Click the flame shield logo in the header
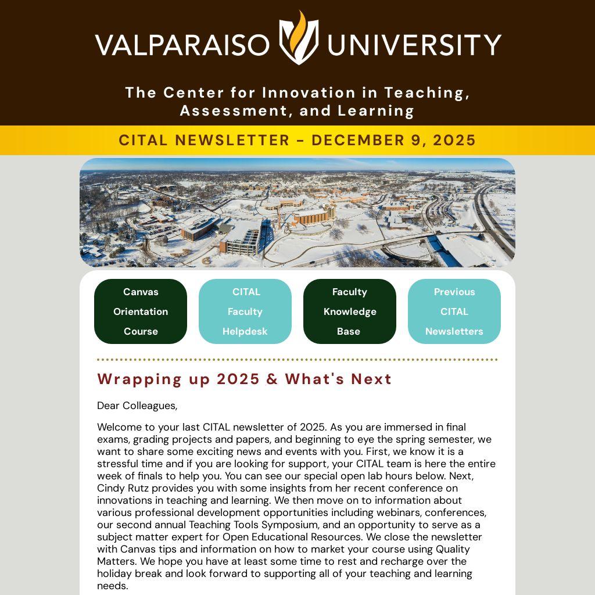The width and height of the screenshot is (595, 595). coord(298,38)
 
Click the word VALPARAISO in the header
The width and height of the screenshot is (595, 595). coord(182,45)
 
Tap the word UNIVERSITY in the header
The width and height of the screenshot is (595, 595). coord(414,45)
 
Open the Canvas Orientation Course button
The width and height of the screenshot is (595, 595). coord(141,311)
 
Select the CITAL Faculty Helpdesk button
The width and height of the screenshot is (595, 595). coord(245,311)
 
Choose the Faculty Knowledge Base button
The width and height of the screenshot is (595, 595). coord(350,311)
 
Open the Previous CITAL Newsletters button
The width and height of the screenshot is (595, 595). coord(454,311)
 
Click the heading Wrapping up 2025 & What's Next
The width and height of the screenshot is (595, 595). coord(244,379)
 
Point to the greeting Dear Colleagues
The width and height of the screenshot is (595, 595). coord(137,406)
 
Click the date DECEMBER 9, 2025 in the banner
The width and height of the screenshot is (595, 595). coord(393,140)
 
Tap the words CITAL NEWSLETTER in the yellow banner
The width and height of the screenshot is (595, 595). coord(204,140)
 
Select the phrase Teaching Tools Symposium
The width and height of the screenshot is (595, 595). coord(252,525)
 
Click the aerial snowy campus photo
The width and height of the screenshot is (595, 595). coord(297,213)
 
